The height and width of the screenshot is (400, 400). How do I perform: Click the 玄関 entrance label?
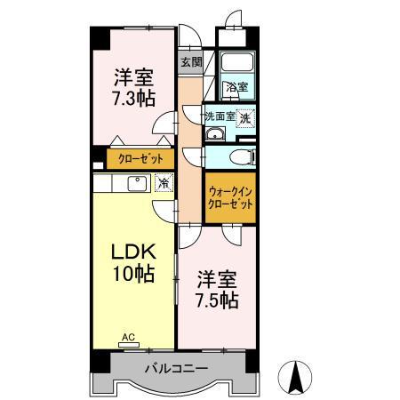tap(191, 62)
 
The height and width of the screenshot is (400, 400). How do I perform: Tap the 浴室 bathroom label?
tap(237, 87)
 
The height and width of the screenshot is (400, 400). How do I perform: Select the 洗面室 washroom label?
tap(220, 116)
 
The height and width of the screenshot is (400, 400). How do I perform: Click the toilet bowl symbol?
tap(243, 156)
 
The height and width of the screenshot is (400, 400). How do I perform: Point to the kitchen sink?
tap(137, 184)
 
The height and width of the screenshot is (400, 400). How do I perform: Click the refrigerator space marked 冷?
tap(164, 183)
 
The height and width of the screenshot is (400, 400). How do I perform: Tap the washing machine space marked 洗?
tap(245, 118)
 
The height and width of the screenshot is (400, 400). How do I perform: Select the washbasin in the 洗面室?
tap(215, 134)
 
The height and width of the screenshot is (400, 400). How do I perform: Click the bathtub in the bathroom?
tap(238, 62)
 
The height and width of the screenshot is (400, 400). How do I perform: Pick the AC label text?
tap(129, 337)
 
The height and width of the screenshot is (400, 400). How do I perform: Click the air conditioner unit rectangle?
tap(129, 345)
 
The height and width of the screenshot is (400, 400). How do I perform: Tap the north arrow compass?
tap(295, 378)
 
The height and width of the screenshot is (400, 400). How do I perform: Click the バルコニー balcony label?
tap(177, 368)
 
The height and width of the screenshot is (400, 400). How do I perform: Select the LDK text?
tap(133, 252)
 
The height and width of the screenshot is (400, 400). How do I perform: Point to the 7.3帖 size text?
tap(133, 99)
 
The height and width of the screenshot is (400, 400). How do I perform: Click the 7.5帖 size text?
tap(217, 300)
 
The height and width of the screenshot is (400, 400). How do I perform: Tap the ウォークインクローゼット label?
tap(230, 198)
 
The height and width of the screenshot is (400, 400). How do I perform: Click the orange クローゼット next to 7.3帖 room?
tap(140, 159)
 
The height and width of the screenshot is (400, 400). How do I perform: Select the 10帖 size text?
tap(133, 273)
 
